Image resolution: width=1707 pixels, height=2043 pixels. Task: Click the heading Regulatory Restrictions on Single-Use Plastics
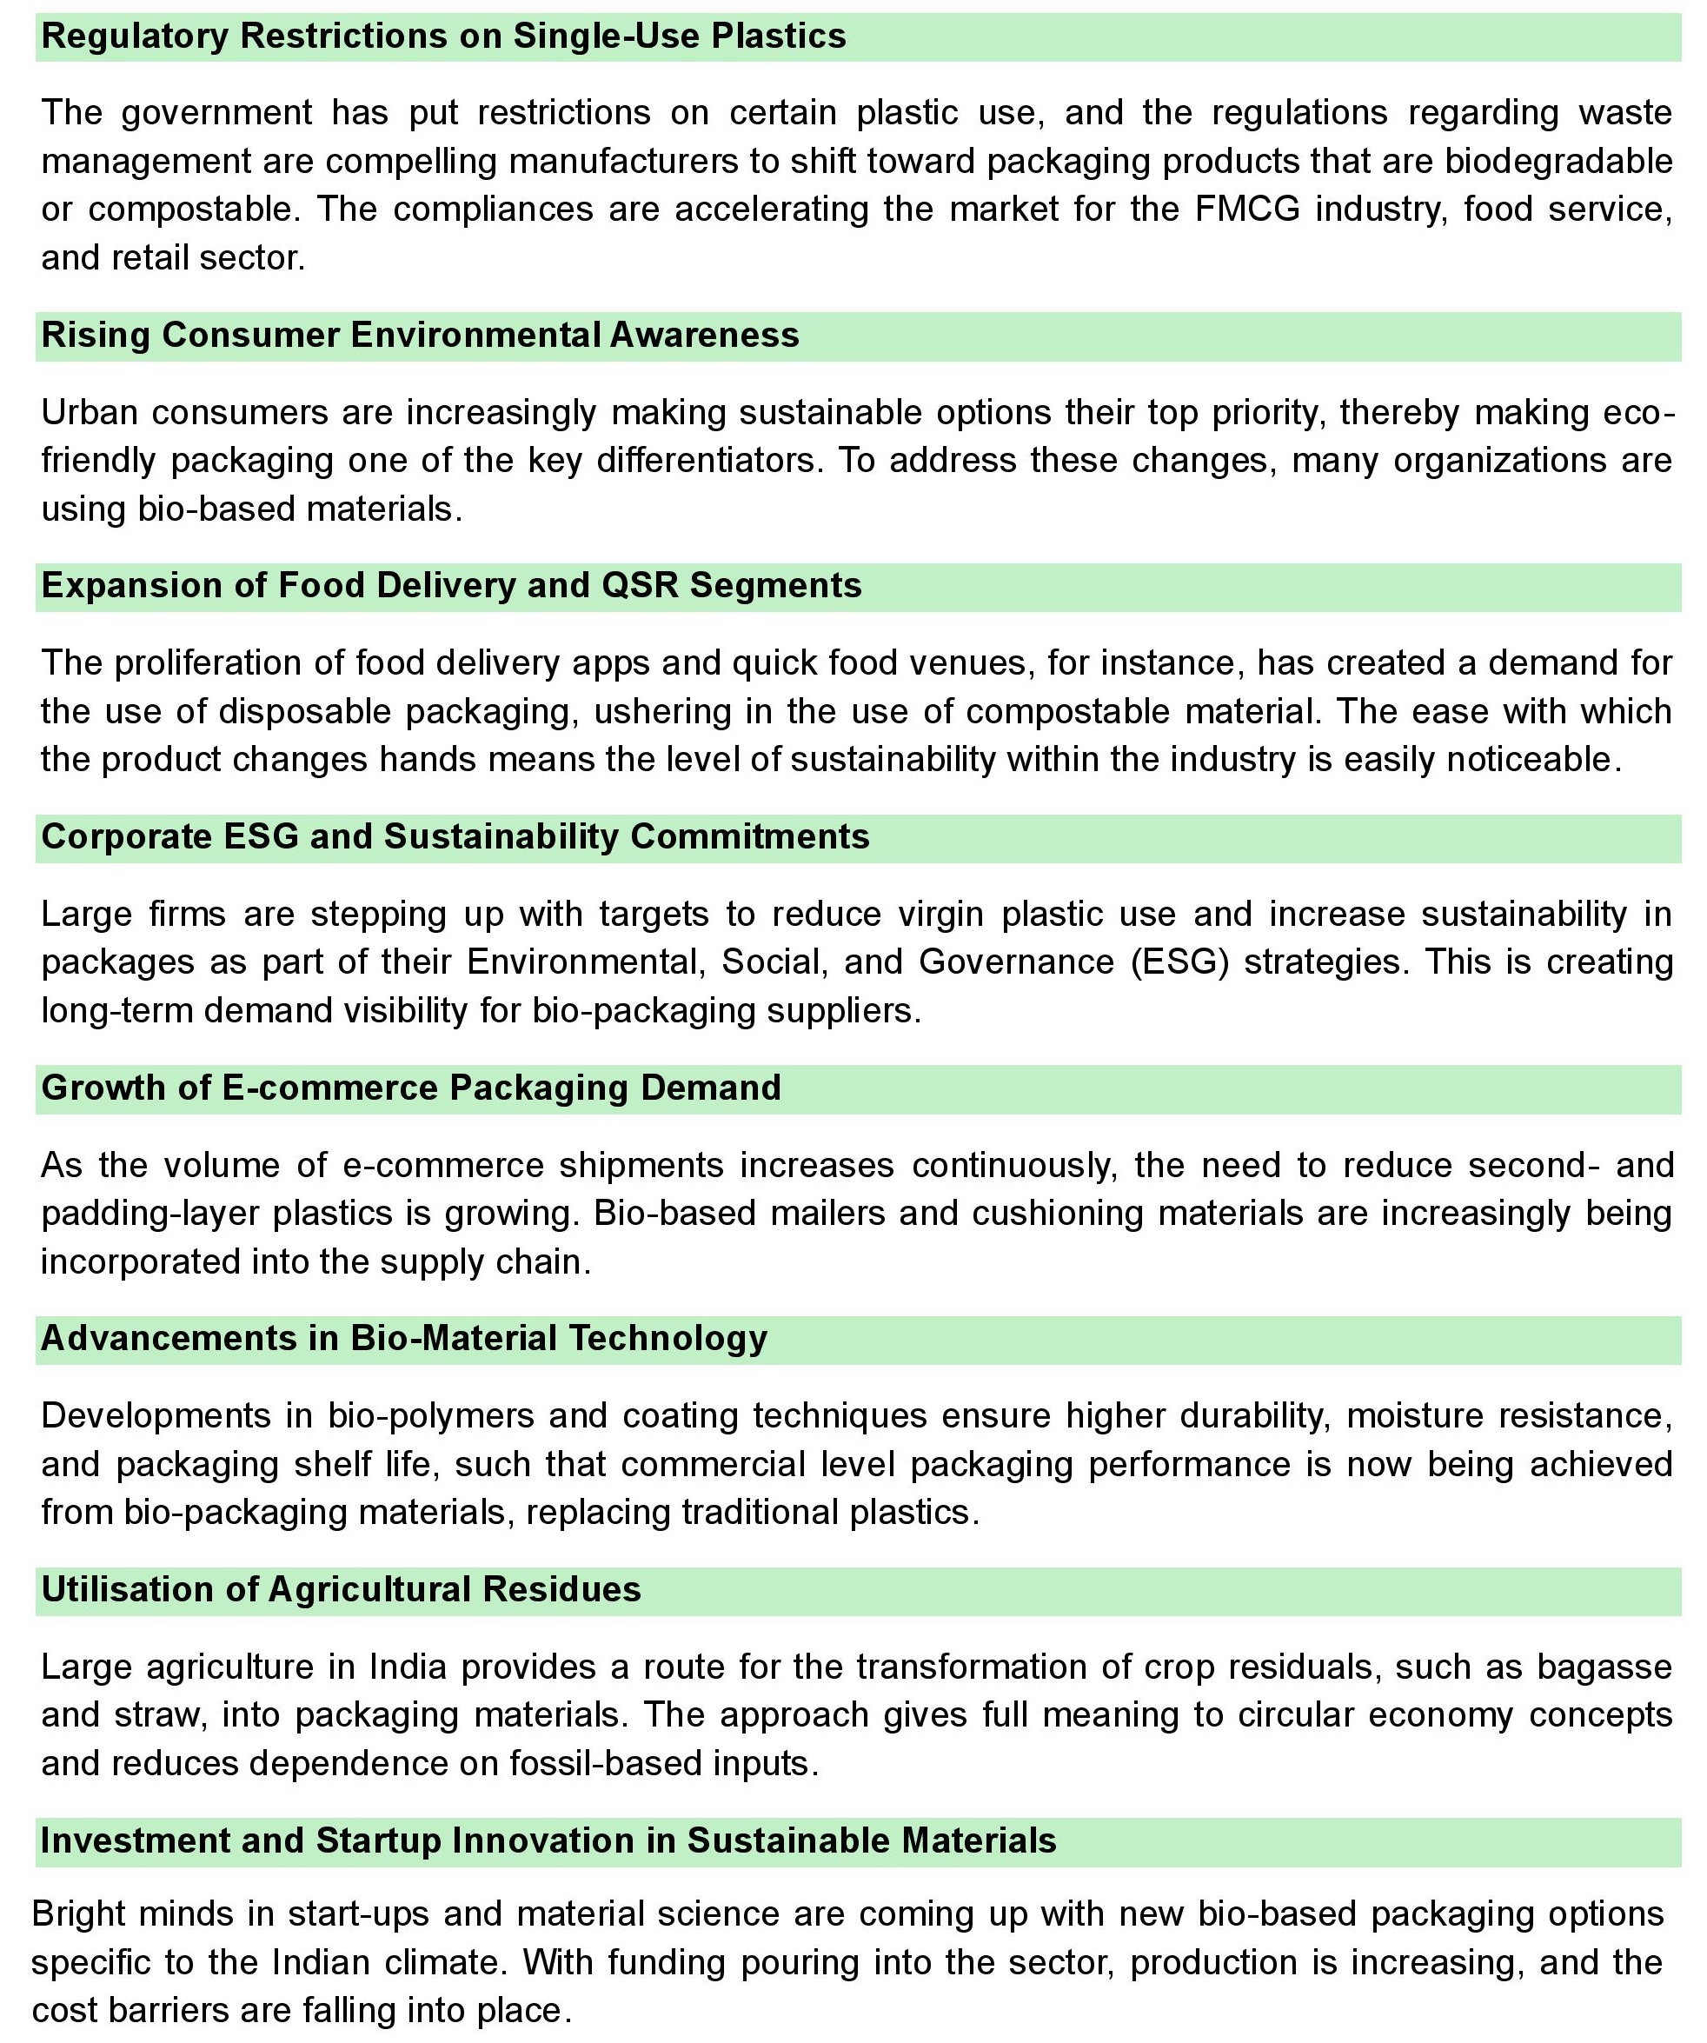[x=443, y=37]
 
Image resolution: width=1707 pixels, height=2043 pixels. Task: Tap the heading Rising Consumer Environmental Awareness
[x=420, y=335]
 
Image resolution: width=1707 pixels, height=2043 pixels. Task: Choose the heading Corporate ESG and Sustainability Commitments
[x=455, y=836]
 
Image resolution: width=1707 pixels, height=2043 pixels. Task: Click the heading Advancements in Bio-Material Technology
[x=403, y=1339]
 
